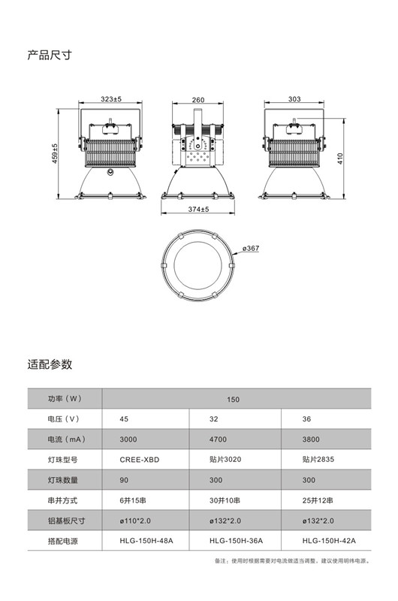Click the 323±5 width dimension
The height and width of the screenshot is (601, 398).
pyautogui.click(x=111, y=99)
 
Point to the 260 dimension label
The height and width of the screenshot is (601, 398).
pyautogui.click(x=198, y=100)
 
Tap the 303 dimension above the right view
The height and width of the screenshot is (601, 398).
pyautogui.click(x=294, y=99)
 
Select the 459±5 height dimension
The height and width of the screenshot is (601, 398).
pyautogui.click(x=55, y=154)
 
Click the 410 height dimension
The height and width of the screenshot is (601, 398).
pyautogui.click(x=340, y=159)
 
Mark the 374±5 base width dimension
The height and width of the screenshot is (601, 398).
pyautogui.click(x=198, y=210)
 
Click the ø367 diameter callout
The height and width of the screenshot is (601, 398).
pyautogui.click(x=251, y=249)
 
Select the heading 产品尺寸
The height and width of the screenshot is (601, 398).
pyautogui.click(x=50, y=55)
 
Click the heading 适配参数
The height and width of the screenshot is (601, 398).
pyautogui.click(x=50, y=364)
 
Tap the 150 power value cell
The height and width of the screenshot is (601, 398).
pyautogui.click(x=233, y=400)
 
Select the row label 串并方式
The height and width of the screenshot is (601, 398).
pyautogui.click(x=62, y=500)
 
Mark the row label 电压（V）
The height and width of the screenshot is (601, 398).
pyautogui.click(x=64, y=419)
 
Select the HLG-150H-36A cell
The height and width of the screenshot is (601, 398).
pyautogui.click(x=236, y=541)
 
